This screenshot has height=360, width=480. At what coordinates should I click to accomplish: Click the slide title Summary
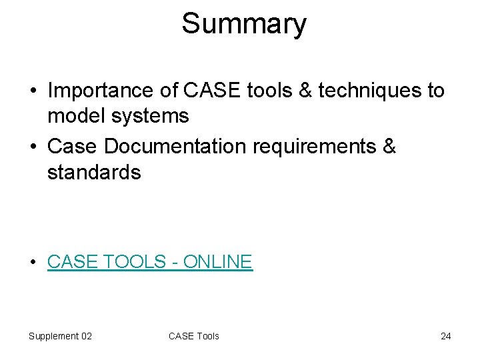pos(244,24)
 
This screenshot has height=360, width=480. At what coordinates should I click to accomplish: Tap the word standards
pos(94,173)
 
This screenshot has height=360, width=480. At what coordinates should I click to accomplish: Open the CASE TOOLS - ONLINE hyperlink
pos(150,261)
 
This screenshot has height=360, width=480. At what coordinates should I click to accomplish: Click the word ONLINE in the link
pos(218,261)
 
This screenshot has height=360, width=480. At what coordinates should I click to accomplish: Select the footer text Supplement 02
pos(60,336)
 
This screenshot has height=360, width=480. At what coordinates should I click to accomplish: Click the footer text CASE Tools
pos(194,336)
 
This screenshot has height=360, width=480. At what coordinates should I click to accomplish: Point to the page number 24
pos(445,336)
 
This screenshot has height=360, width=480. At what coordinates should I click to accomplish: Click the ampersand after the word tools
pos(305,90)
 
